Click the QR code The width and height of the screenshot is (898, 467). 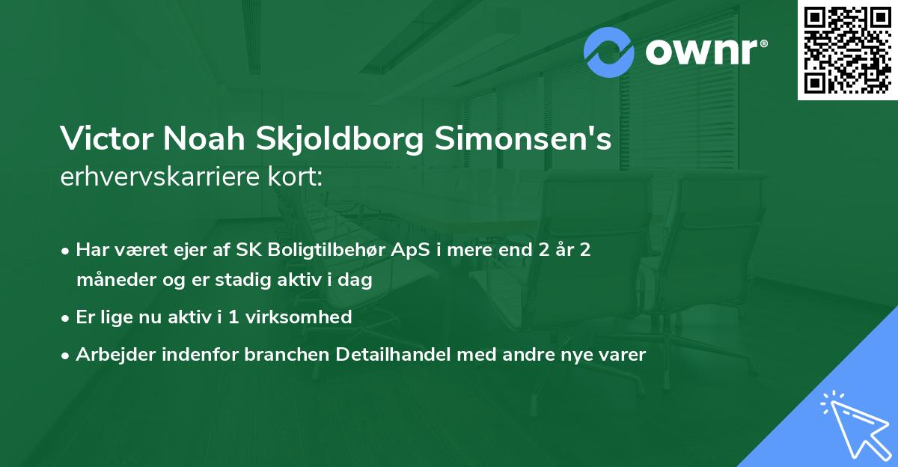tap(847, 50)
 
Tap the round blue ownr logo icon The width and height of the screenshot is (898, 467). tap(609, 52)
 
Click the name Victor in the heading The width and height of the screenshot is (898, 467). tap(103, 138)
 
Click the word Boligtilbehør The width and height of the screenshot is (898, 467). tap(320, 250)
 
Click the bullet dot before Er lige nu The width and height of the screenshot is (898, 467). tap(67, 318)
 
